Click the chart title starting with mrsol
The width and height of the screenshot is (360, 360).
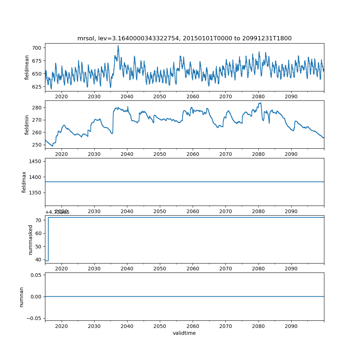click(x=184, y=38)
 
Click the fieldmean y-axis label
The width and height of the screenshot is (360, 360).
click(x=27, y=67)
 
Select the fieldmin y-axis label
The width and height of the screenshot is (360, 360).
click(x=27, y=125)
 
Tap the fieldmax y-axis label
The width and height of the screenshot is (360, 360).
click(x=24, y=182)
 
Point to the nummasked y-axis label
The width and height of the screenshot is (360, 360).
click(x=31, y=239)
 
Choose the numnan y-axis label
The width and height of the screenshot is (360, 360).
click(x=22, y=297)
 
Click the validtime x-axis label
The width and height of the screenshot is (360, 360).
click(x=184, y=333)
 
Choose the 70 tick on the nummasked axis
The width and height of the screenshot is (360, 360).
click(x=39, y=220)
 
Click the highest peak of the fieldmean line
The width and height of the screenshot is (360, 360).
click(x=118, y=46)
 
